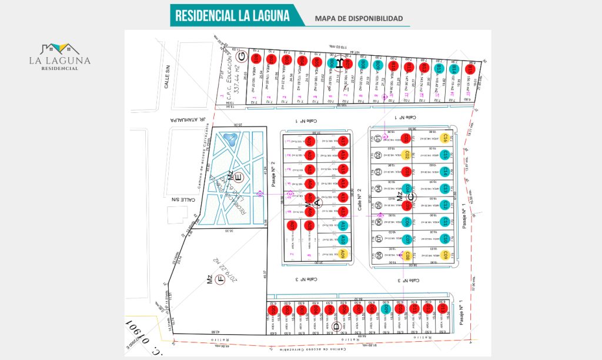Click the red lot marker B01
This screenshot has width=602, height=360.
(x=255, y=59)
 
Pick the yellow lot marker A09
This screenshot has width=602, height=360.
(x=342, y=254)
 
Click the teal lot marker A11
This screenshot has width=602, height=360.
(x=342, y=226)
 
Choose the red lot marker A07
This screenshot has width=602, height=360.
(x=293, y=226)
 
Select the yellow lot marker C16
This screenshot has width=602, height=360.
(x=446, y=139)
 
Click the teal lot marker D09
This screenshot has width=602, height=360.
(x=386, y=309)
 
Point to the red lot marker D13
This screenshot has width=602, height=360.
(x=443, y=308)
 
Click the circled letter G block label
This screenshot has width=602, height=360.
(x=240, y=57)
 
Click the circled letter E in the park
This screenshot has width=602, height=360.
(x=238, y=176)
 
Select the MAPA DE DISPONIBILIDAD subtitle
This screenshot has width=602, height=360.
(x=359, y=19)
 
